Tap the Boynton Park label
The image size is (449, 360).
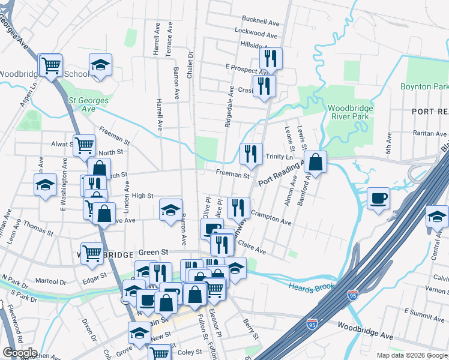pyautogui.click(x=424, y=87)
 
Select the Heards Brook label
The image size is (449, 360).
pyautogui.click(x=311, y=287)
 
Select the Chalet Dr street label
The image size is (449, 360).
pyautogui.click(x=190, y=62)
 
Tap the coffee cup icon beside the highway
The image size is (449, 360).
pyautogui.click(x=378, y=199)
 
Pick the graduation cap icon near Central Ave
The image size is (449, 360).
pyautogui.click(x=437, y=217)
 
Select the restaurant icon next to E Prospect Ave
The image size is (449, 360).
pyautogui.click(x=270, y=59)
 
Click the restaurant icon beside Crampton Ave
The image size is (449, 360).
pyautogui.click(x=238, y=208)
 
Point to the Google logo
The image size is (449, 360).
pyautogui.click(x=20, y=353)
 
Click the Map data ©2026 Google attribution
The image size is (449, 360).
pyautogui.click(x=412, y=355)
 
